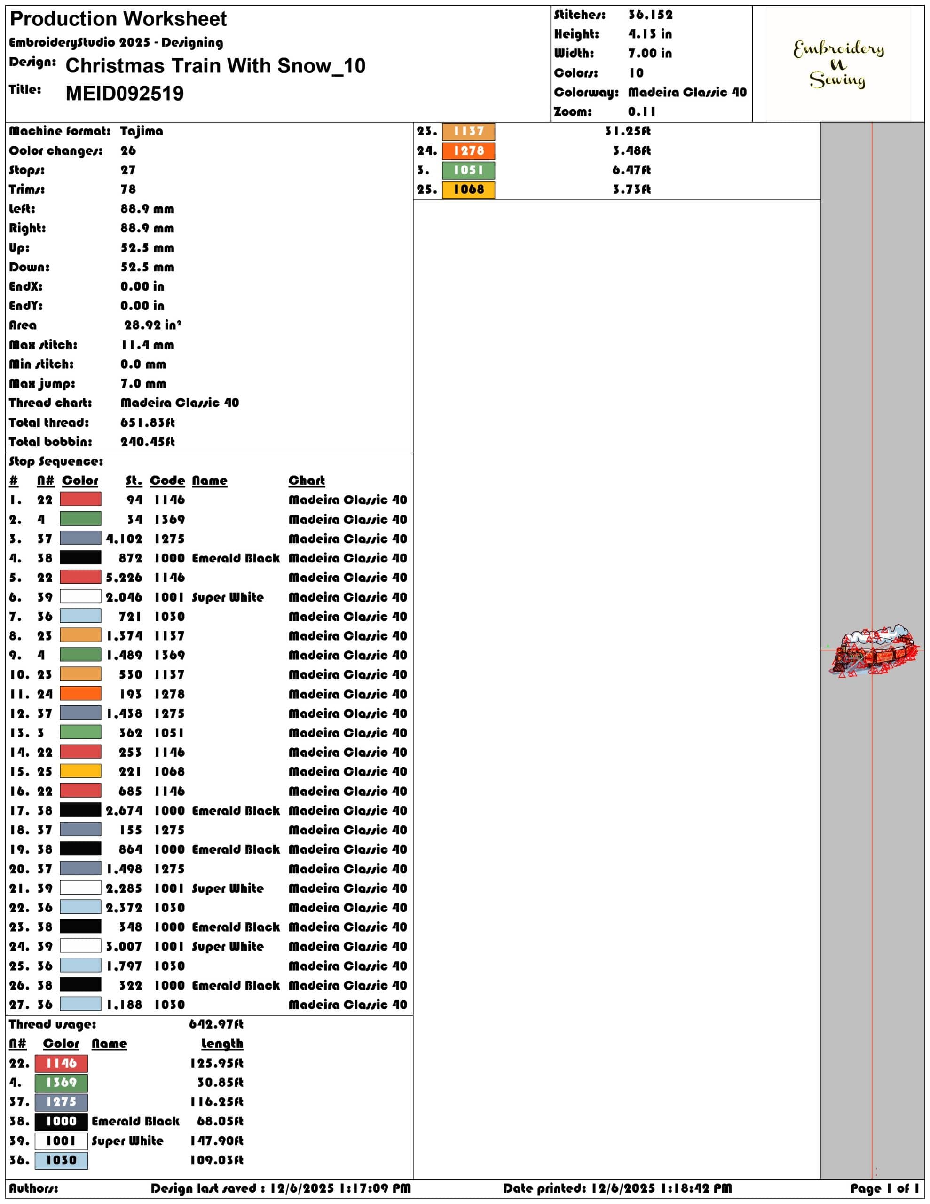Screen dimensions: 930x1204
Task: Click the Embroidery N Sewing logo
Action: point(838,64)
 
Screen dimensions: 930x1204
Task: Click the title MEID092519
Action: point(125,94)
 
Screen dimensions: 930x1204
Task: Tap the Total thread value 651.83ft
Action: point(147,422)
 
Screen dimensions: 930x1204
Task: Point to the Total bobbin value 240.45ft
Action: point(147,442)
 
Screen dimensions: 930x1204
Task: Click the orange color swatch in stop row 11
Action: point(80,694)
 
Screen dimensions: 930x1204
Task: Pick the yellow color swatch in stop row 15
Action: point(80,771)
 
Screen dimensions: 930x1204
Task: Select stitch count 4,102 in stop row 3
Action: point(124,539)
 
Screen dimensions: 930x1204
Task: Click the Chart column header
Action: point(307,481)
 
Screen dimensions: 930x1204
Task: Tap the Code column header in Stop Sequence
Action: point(167,481)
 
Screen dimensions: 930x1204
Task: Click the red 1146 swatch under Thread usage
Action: point(61,1063)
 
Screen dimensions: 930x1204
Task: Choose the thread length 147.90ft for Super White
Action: point(217,1141)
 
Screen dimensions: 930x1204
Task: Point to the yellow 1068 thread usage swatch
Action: point(469,190)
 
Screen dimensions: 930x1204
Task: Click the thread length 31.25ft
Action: point(627,131)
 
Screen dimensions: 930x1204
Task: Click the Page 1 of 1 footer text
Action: point(884,1188)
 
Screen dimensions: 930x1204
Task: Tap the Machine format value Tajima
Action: point(142,131)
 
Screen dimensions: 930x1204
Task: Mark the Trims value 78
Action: point(128,190)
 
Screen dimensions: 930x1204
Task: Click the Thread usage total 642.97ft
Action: point(216,1024)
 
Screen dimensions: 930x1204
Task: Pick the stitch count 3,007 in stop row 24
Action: point(124,946)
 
